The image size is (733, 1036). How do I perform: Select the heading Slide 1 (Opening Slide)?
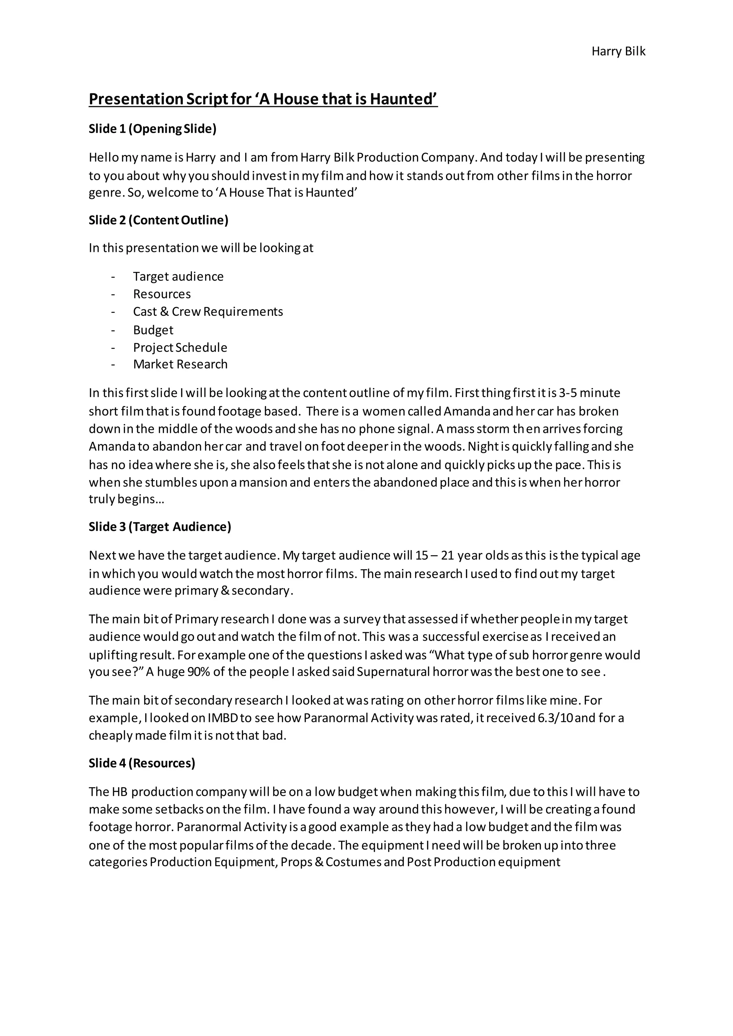tap(152, 129)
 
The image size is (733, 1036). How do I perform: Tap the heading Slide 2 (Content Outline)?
tap(159, 220)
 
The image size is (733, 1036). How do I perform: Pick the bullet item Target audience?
tap(178, 277)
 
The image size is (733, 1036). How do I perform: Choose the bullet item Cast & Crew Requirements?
tap(208, 312)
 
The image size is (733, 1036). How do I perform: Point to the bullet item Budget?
tap(153, 330)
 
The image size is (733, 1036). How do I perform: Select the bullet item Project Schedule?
tap(180, 348)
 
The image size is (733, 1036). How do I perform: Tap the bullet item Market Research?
tap(180, 365)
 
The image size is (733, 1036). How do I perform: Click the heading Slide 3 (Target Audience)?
tap(160, 527)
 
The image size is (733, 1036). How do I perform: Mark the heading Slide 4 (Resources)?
tap(142, 763)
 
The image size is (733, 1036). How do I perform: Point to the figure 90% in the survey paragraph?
tap(198, 672)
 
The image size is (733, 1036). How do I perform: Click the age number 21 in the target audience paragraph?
tap(447, 556)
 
